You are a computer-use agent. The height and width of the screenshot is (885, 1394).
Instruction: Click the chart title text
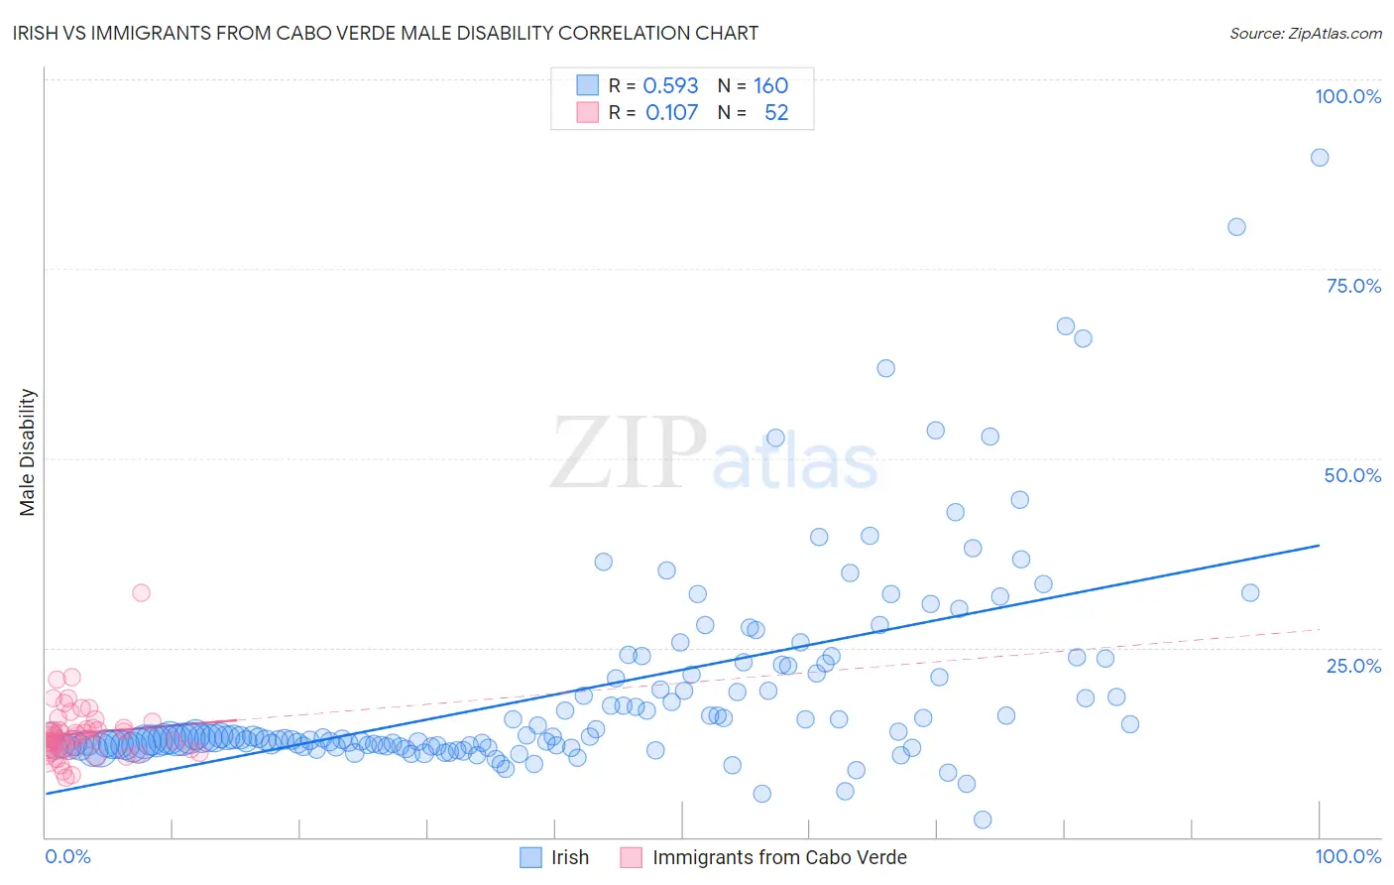386,33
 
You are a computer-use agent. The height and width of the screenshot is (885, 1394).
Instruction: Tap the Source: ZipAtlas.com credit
1305,33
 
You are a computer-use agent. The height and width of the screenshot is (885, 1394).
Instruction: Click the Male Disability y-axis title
28,451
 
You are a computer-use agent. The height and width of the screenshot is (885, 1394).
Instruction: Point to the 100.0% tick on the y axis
1347,96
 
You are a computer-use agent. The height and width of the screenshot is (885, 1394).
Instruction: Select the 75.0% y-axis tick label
1353,286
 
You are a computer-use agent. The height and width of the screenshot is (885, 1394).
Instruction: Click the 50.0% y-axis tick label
1352,475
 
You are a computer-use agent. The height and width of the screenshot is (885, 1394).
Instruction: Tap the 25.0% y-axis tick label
1353,666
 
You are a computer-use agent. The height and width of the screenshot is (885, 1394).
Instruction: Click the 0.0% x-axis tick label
67,856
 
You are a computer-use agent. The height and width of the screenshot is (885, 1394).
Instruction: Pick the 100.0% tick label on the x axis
1347,856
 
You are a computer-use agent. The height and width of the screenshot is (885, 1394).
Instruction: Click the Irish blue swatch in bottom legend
531,857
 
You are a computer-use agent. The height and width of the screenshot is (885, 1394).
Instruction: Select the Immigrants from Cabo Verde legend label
779,857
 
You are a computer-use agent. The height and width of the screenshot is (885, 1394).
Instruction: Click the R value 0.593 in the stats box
670,85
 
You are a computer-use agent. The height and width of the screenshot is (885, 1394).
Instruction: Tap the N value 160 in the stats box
770,85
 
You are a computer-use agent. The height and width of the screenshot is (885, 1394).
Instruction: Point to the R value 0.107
671,113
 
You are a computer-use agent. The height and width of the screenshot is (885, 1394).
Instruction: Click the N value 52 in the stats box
776,113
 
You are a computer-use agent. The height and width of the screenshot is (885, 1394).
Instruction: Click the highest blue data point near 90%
1320,157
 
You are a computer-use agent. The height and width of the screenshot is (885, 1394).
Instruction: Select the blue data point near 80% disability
1236,227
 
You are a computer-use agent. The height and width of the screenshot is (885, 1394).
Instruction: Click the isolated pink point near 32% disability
141,592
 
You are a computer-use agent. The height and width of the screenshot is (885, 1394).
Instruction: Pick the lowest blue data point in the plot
983,820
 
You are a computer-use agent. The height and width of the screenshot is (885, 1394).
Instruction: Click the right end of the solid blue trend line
1319,545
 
